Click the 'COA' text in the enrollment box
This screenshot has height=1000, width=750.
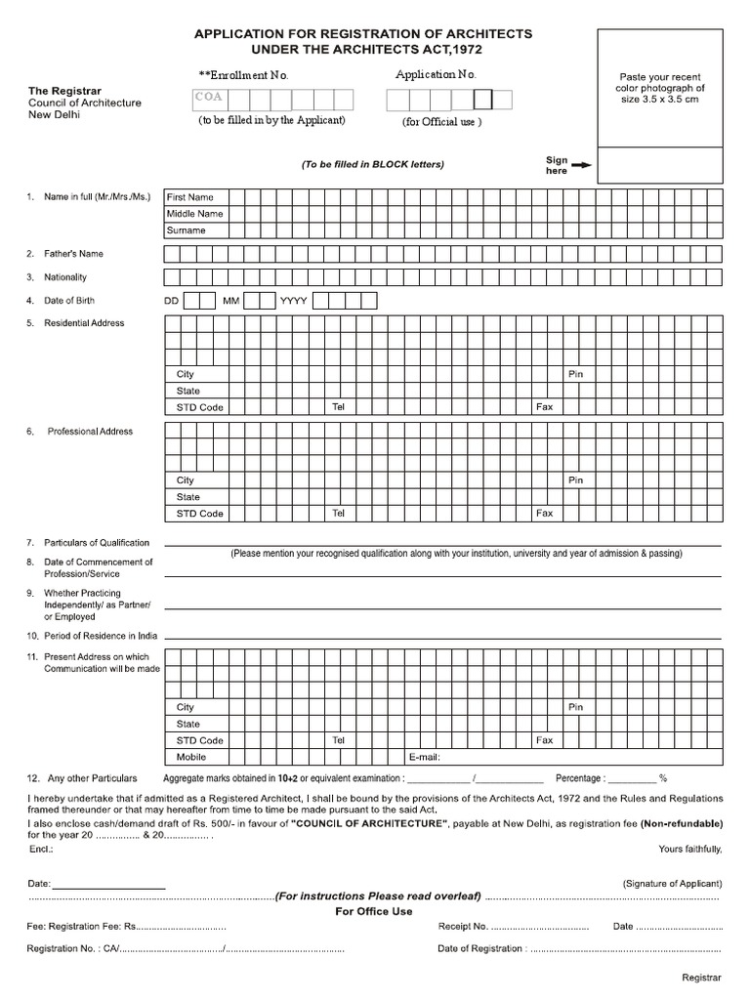click(x=207, y=98)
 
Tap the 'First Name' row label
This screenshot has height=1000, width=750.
click(x=189, y=197)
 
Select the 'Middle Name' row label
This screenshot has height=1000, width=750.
click(x=194, y=214)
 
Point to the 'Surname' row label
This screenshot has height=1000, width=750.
click(x=186, y=230)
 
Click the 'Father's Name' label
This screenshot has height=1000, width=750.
click(x=73, y=254)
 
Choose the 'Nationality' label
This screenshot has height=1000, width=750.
click(x=65, y=277)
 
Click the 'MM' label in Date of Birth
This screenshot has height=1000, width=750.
click(x=230, y=301)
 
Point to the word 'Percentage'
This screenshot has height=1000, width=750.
click(x=580, y=778)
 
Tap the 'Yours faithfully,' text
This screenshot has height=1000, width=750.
click(x=690, y=849)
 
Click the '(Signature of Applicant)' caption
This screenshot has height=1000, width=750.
click(x=672, y=883)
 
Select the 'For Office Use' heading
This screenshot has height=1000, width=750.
click(x=374, y=911)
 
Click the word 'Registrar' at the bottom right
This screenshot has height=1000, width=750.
click(x=701, y=978)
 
